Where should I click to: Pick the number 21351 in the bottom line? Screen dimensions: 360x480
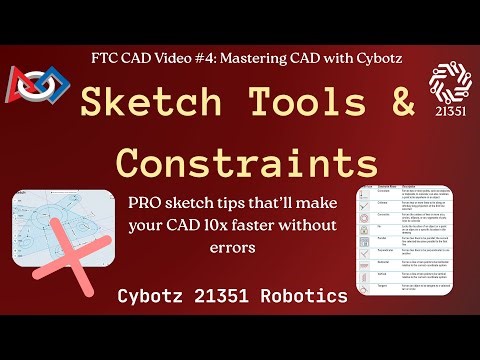[237, 296]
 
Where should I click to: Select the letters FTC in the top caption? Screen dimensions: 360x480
[105, 57]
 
